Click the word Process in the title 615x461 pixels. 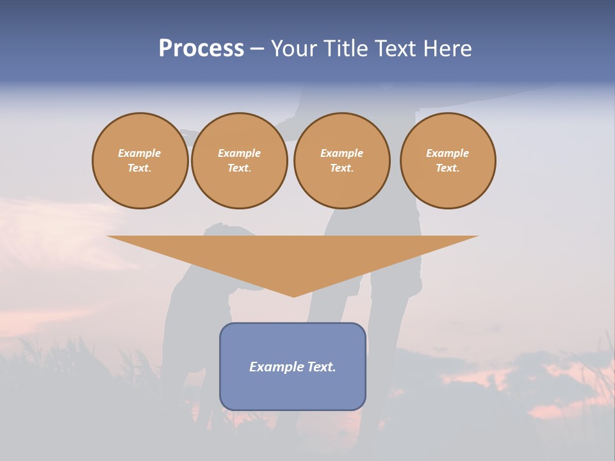[201, 49]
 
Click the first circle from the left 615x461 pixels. [140, 160]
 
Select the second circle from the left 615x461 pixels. [239, 160]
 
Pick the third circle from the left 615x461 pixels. [341, 160]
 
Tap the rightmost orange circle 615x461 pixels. [447, 160]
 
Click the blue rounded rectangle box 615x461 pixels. [293, 384]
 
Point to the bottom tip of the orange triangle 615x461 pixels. [294, 296]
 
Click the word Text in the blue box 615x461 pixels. [320, 367]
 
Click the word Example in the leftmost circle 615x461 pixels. [140, 153]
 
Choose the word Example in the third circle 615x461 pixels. [341, 153]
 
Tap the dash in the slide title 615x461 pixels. [258, 49]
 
